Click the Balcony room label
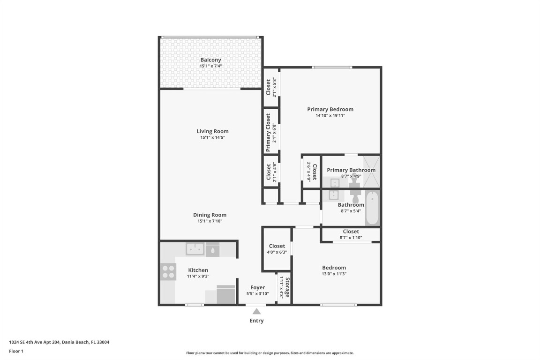coord(210,60)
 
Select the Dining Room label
coord(210,215)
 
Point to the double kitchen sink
coord(195,249)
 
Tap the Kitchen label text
coord(198,270)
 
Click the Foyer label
coord(257,287)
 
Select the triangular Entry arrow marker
coord(256,311)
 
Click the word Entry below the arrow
coord(256,321)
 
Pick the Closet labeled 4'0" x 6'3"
coord(277,246)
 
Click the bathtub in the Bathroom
coord(372,208)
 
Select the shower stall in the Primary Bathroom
coord(371,171)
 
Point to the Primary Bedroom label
coord(330,109)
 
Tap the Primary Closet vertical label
coord(268,133)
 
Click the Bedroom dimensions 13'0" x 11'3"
coord(334,274)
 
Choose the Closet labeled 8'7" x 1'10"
coord(351,232)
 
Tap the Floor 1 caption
coord(16,351)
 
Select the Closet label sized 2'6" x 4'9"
coord(315,172)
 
